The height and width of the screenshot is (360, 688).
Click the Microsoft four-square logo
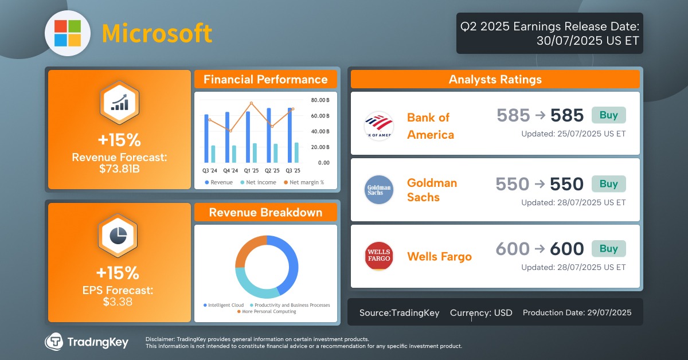pos(68,33)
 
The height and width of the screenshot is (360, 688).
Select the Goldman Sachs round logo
pos(378,190)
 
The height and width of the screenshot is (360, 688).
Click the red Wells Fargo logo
pos(378,256)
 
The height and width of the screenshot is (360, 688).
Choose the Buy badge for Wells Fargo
pos(608,248)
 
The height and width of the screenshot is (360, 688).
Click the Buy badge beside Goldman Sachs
pos(608,183)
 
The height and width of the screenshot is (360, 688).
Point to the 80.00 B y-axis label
pos(320,100)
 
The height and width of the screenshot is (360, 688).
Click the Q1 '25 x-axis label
pos(251,171)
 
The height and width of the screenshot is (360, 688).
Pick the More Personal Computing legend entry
pos(269,312)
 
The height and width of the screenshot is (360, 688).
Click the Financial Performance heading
pos(265,80)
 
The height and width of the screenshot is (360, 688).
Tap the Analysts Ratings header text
pos(495,80)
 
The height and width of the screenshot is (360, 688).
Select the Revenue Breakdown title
pos(265,213)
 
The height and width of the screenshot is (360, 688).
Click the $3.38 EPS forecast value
pos(119,302)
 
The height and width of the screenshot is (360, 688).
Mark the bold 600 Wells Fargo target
pos(566,249)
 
